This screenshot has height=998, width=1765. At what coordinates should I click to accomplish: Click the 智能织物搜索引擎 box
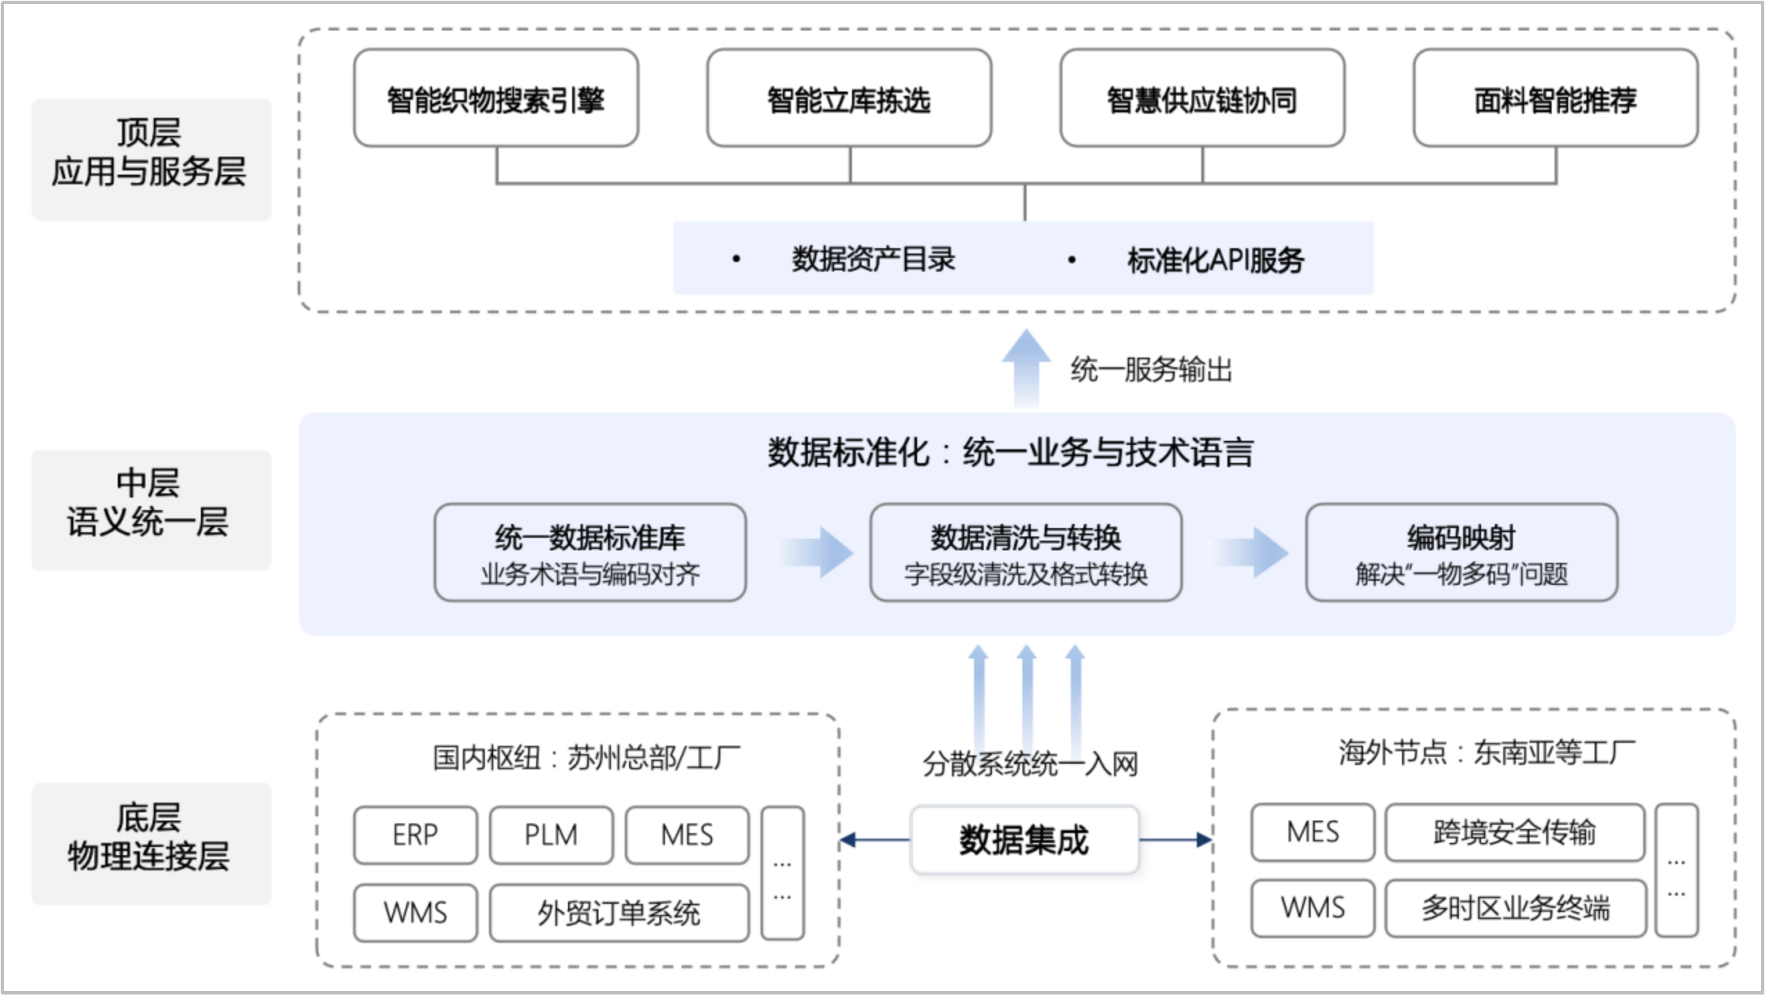point(495,98)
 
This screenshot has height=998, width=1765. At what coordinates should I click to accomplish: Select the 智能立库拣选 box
point(849,98)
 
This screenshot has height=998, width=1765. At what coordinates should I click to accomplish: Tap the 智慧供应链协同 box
point(1202,98)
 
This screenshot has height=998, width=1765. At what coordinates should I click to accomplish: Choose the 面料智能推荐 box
point(1555,98)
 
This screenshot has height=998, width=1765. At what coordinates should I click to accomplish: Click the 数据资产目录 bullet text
point(873,259)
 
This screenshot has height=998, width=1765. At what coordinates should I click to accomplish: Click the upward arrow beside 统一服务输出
point(1026,367)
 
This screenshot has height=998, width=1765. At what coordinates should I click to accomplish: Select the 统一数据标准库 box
point(589,552)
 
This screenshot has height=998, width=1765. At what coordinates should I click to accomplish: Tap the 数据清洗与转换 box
point(1025,552)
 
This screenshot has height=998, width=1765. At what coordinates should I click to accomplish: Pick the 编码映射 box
point(1461,552)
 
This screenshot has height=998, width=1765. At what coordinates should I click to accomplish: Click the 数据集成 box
point(1024,839)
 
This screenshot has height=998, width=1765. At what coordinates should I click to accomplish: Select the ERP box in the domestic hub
point(415,834)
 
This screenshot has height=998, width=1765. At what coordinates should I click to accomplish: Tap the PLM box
point(551,834)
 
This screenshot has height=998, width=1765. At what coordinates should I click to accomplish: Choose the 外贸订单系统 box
point(619,913)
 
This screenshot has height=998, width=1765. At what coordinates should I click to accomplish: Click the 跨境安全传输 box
point(1514,832)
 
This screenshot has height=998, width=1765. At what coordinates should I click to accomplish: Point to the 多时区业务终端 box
point(1515,908)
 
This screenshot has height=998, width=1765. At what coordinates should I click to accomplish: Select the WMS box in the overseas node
point(1312,908)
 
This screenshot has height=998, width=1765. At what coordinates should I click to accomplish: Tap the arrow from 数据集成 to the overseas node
point(1176,840)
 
